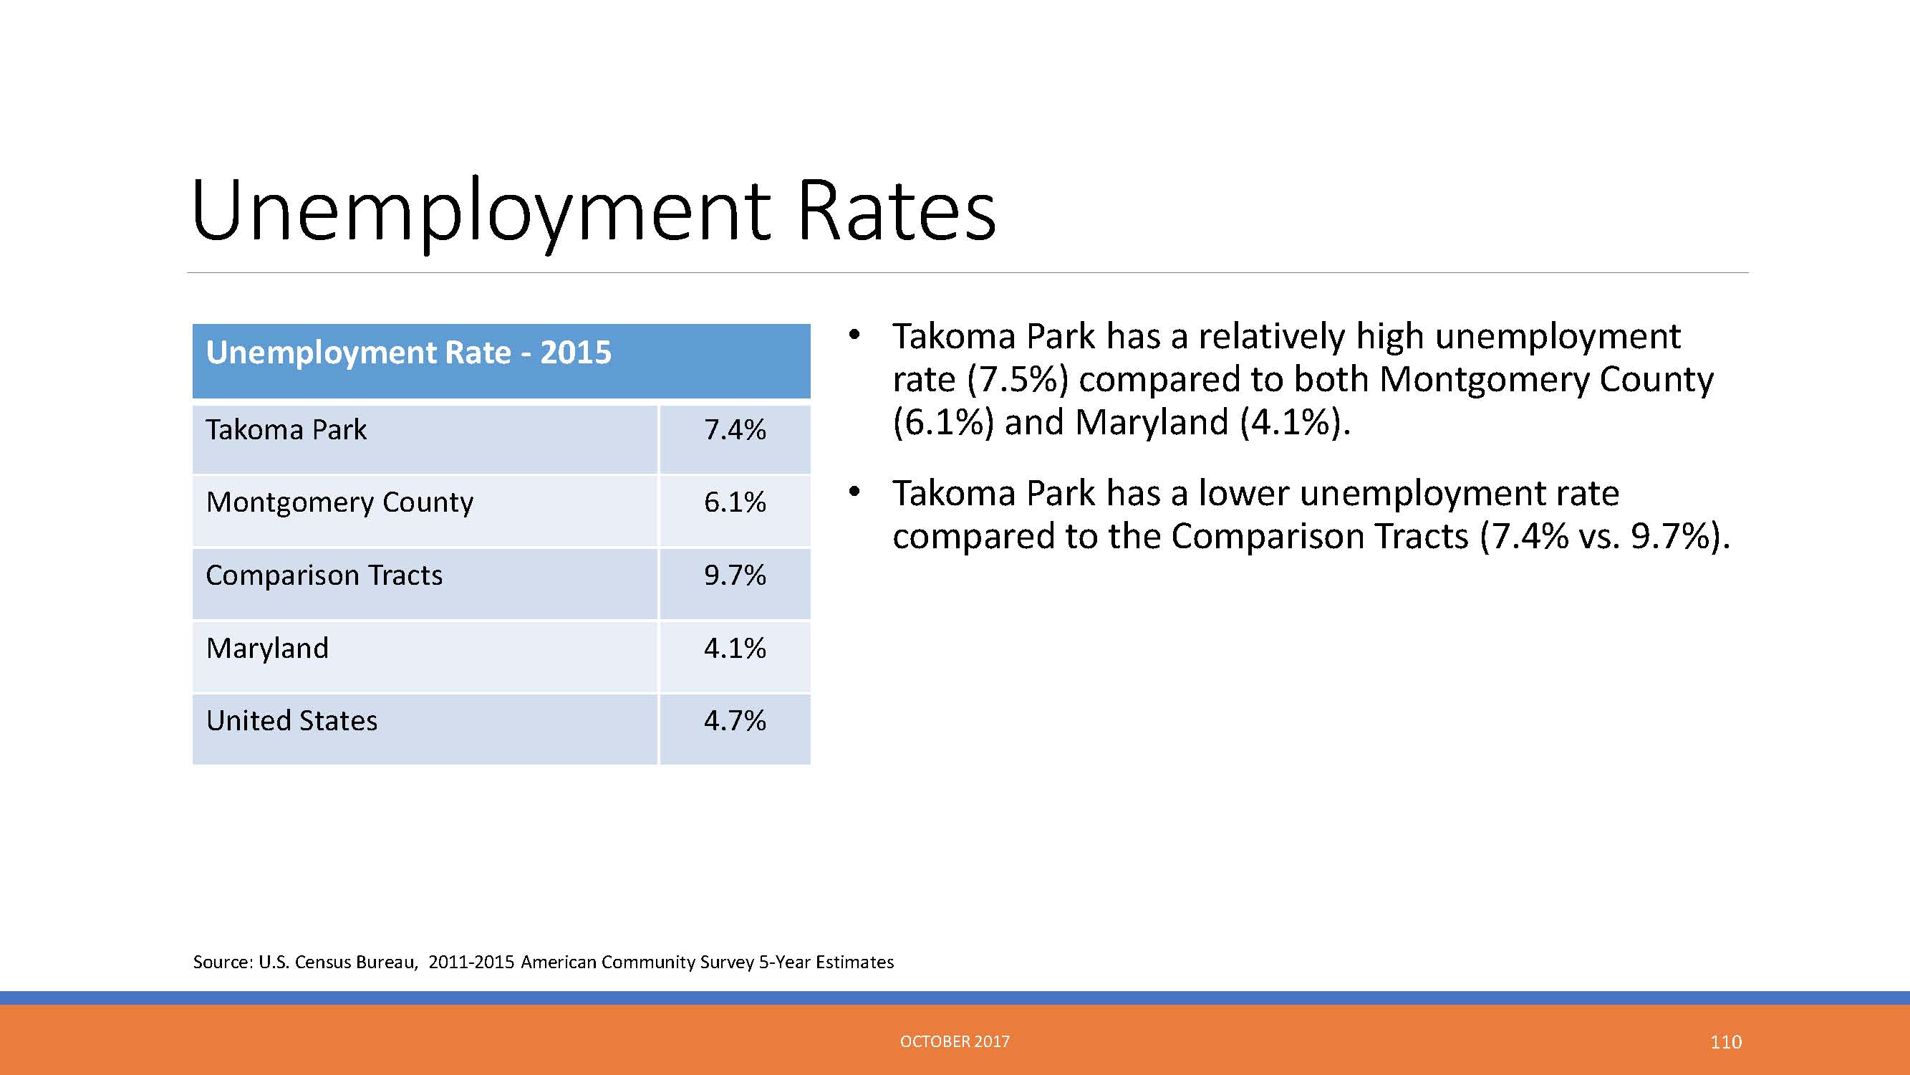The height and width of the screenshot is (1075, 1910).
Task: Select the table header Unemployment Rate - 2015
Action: point(408,353)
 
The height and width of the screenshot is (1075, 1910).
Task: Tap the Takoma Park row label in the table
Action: point(286,429)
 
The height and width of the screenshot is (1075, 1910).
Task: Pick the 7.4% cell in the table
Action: point(735,429)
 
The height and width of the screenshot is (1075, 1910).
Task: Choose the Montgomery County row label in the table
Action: point(339,503)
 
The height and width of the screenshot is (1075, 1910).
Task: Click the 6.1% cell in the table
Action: point(735,502)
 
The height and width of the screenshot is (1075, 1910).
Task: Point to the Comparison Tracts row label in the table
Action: point(324,575)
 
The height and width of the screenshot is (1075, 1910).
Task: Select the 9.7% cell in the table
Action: point(735,575)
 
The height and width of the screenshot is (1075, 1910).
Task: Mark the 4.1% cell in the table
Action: point(735,648)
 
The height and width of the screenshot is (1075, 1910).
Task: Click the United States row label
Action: point(291,720)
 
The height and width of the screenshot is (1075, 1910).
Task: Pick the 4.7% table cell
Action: point(735,720)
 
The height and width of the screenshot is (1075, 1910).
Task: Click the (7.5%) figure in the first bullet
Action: point(1016,380)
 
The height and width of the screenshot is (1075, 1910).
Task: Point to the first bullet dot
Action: point(854,335)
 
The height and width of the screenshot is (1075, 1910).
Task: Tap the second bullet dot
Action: point(854,492)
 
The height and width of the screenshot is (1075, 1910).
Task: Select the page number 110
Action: point(1726,1042)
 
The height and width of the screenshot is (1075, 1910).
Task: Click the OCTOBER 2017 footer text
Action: point(955,1041)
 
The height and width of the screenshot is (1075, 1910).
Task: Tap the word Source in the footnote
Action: point(223,962)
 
